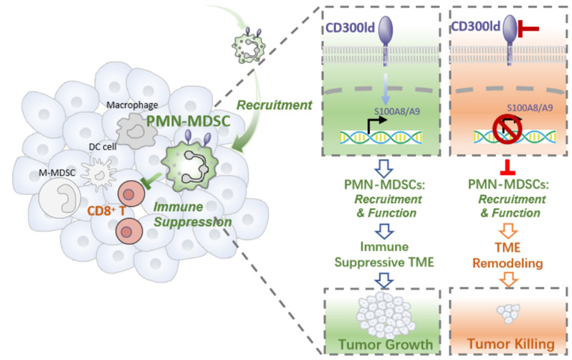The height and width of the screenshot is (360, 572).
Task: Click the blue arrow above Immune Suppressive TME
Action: [x=386, y=233]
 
